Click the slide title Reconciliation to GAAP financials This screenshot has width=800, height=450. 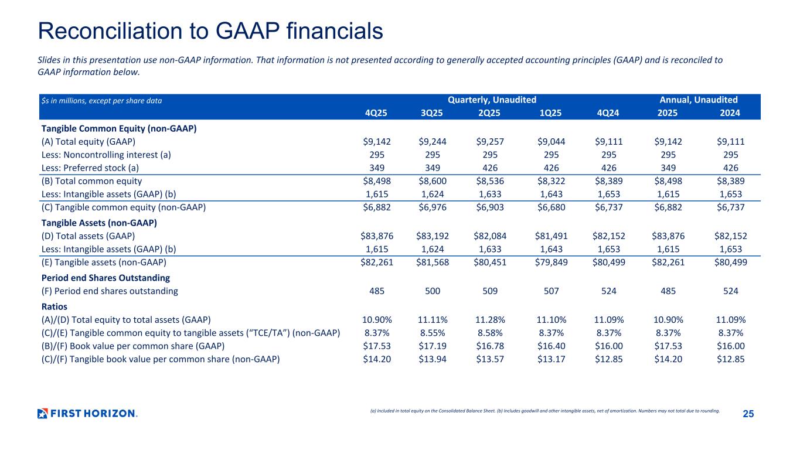point(210,31)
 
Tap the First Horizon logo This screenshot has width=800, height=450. point(87,413)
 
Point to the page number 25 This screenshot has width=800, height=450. point(748,414)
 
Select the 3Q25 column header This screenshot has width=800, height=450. point(432,112)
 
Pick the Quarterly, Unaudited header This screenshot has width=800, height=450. point(492,100)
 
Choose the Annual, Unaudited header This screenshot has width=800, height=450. point(699,100)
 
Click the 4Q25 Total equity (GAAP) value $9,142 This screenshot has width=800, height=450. point(377,141)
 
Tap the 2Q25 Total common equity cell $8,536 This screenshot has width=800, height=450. point(490,181)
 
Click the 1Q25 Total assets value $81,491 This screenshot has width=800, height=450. point(550,236)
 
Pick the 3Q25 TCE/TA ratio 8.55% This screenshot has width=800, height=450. point(434,333)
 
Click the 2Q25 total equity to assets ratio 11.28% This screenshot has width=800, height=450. point(490,319)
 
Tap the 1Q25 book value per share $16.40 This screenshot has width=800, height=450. point(550,346)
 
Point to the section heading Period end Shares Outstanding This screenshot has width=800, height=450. point(105,277)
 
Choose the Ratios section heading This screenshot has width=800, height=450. point(54,306)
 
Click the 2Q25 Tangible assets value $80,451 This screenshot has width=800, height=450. point(490,262)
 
